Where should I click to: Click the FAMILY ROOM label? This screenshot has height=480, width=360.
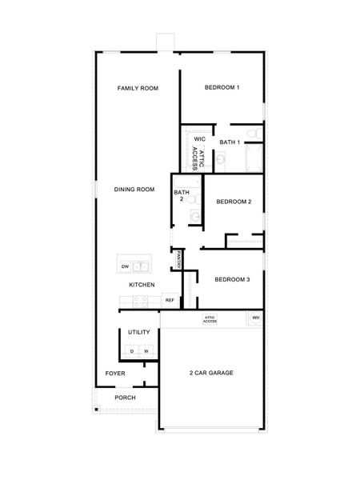(138, 88)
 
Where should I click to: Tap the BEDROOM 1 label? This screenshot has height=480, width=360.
(222, 87)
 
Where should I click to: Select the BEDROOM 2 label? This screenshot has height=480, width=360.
(234, 202)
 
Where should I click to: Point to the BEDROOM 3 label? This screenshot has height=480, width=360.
(233, 279)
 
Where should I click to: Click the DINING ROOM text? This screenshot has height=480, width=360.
(134, 190)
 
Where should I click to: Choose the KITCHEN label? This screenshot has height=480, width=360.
(142, 285)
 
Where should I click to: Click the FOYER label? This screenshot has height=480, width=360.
(115, 374)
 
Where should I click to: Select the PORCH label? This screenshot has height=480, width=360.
(125, 398)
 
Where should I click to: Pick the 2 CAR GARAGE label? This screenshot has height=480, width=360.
(211, 374)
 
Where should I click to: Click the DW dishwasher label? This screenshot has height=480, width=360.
(125, 266)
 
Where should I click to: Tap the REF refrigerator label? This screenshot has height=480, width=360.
(170, 301)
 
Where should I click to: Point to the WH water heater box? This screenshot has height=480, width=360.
(256, 318)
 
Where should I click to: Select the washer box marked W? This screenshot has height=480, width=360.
(146, 351)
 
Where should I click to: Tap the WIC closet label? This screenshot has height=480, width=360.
(200, 140)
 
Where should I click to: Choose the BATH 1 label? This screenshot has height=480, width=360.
(230, 142)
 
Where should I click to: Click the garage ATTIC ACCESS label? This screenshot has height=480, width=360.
(210, 318)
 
